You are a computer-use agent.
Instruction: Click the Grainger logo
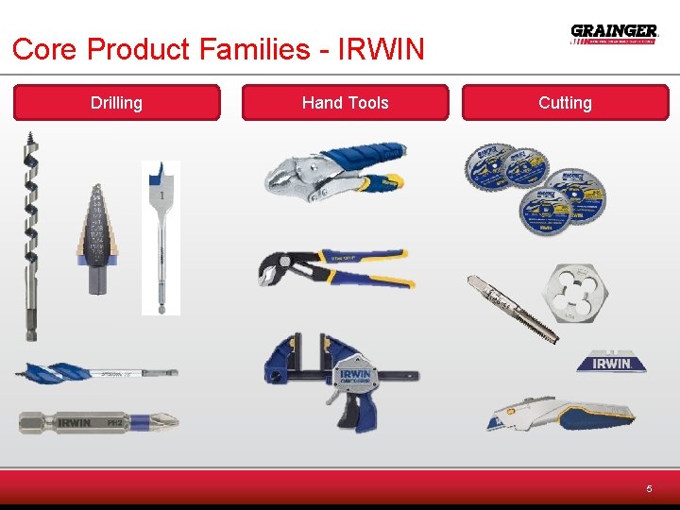coord(614,34)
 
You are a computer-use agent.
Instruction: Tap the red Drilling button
coord(116,103)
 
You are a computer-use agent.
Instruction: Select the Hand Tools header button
coord(345,103)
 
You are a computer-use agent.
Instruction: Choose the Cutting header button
coord(565,103)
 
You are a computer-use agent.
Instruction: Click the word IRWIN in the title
coord(381,48)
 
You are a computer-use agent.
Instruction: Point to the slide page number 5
coord(649,488)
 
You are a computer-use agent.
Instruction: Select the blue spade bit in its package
coord(161,236)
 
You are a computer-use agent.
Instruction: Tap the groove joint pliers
coord(335,268)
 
